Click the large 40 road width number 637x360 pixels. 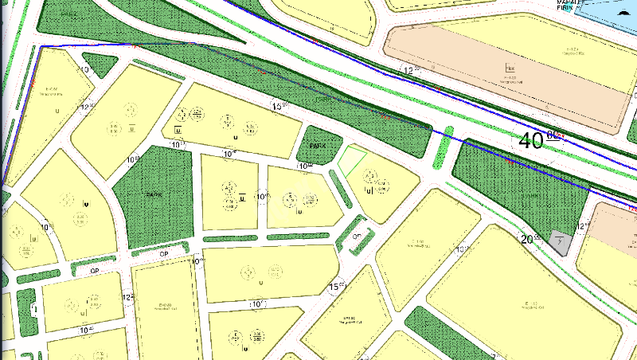(530, 141)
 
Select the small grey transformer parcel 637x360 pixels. (561, 241)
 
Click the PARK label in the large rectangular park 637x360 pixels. (154, 194)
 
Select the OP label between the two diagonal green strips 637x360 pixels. (358, 237)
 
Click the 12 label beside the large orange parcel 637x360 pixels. (410, 71)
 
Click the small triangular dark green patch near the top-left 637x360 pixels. (99, 65)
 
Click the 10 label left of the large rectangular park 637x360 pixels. (131, 160)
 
